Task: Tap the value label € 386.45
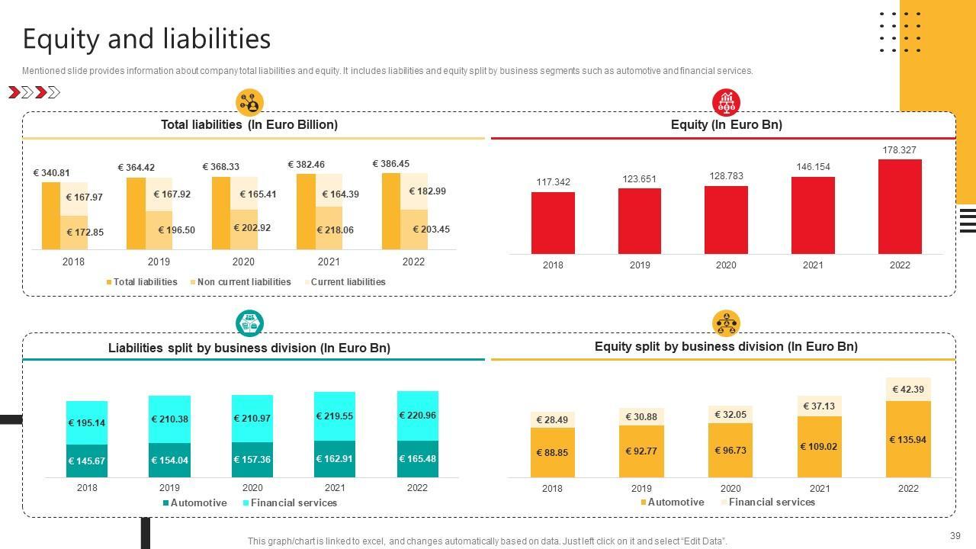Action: click(x=390, y=164)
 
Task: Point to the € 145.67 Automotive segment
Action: click(x=86, y=461)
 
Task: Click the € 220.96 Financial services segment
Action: click(x=417, y=416)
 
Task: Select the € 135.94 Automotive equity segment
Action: click(x=908, y=440)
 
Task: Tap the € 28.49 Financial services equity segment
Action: click(x=552, y=420)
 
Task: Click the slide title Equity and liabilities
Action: click(x=146, y=38)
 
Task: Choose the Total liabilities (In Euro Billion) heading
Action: click(x=249, y=124)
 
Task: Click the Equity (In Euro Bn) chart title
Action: click(x=726, y=124)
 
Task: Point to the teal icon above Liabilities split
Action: click(x=249, y=323)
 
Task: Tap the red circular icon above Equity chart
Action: click(x=726, y=101)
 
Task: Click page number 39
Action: click(x=955, y=535)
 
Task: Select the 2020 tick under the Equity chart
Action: click(x=726, y=265)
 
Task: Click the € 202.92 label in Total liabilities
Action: click(x=252, y=228)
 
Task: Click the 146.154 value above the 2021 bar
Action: click(x=813, y=167)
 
